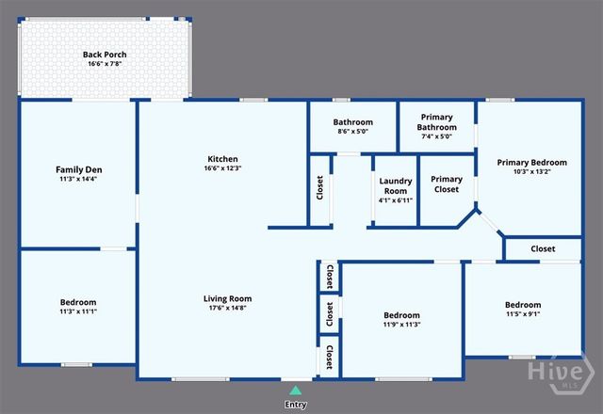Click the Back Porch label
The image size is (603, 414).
click(105, 55)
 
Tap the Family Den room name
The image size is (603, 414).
click(78, 169)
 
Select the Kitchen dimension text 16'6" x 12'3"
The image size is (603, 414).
click(223, 168)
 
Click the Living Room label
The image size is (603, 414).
click(228, 298)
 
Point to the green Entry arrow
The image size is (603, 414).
click(296, 389)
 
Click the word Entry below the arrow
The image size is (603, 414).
click(296, 405)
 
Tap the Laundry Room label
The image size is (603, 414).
click(394, 185)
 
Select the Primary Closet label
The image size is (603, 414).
click(446, 183)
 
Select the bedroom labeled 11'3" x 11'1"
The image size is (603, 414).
click(78, 307)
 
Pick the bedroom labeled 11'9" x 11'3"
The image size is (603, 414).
click(401, 320)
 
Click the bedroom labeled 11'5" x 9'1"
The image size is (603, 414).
click(523, 310)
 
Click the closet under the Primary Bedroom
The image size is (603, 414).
click(543, 249)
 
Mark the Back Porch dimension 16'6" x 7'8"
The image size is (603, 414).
click(105, 65)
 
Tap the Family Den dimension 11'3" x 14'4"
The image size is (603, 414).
click(78, 179)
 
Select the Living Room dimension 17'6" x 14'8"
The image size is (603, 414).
click(228, 308)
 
